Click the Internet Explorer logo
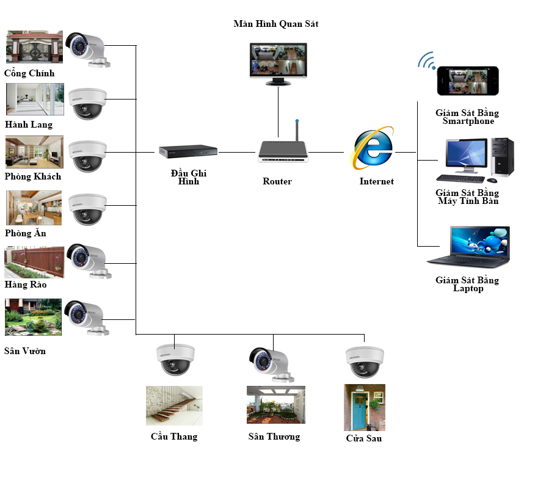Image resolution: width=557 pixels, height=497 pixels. pyautogui.click(x=373, y=148)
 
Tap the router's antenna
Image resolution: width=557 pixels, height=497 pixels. pyautogui.click(x=296, y=130)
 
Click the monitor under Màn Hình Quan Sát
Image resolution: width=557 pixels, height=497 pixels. pyautogui.click(x=278, y=61)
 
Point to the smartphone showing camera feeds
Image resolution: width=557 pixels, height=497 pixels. pyautogui.click(x=467, y=81)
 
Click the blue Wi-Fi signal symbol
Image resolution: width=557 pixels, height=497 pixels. pyautogui.click(x=426, y=60)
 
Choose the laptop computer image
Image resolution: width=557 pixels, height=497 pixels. pyautogui.click(x=469, y=247)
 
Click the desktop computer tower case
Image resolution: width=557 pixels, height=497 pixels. pyautogui.click(x=502, y=157)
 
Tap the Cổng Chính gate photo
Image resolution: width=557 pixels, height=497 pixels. pyautogui.click(x=34, y=47)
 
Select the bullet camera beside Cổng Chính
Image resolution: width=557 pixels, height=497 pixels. pyautogui.click(x=87, y=49)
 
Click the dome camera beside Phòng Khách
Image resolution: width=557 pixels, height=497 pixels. pyautogui.click(x=88, y=156)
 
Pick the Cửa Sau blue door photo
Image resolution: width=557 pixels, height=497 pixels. pyautogui.click(x=365, y=407)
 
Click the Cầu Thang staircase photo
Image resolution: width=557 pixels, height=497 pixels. pyautogui.click(x=174, y=405)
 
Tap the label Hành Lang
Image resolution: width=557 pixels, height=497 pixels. pyautogui.click(x=29, y=125)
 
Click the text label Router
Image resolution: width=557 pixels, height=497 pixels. pyautogui.click(x=277, y=181)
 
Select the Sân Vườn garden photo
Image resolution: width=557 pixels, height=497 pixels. pyautogui.click(x=34, y=317)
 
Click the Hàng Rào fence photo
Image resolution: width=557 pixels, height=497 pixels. pyautogui.click(x=34, y=262)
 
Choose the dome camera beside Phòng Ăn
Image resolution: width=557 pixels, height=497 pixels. pyautogui.click(x=88, y=209)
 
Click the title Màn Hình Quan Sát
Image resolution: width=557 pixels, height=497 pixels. pyautogui.click(x=275, y=24)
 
